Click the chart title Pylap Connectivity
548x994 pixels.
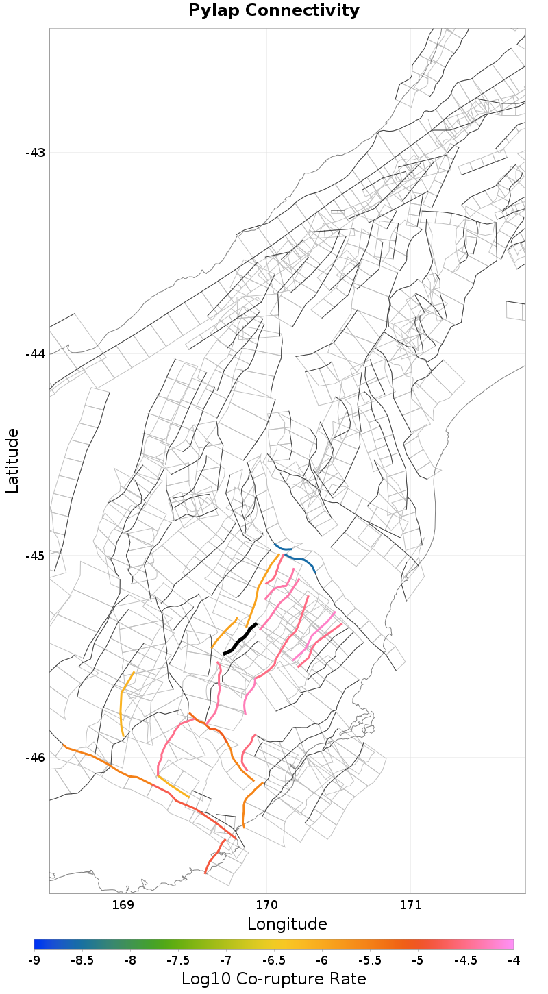click(x=273, y=11)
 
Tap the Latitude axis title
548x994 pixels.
click(x=12, y=460)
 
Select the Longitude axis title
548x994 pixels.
click(x=287, y=924)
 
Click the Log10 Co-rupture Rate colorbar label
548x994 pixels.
click(x=273, y=979)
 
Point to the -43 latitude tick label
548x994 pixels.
click(x=34, y=152)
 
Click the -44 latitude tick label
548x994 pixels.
click(x=34, y=353)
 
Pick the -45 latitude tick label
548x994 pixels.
click(x=34, y=556)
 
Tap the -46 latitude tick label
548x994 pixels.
click(x=34, y=757)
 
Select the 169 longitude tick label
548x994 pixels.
click(x=123, y=905)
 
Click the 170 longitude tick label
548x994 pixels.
click(x=266, y=905)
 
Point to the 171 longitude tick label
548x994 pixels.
click(x=410, y=905)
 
